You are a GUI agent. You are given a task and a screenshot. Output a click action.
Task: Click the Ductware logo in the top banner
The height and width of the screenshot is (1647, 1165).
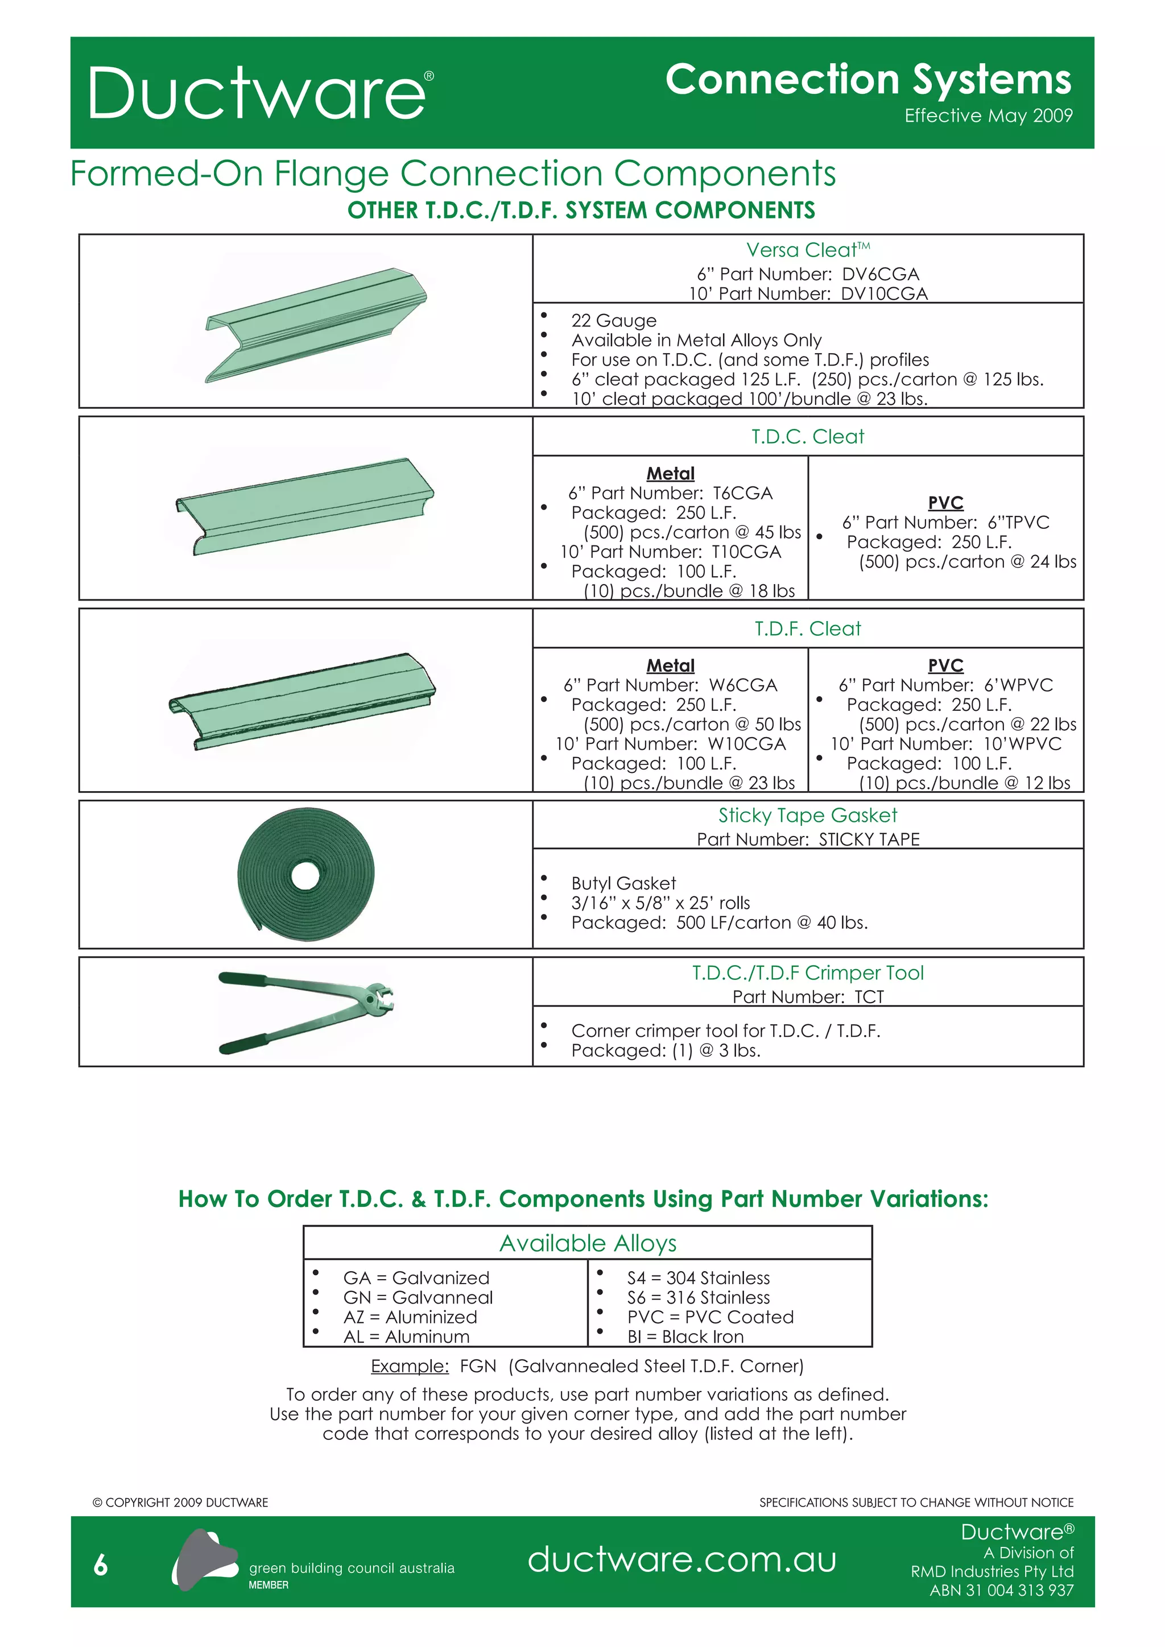pyautogui.click(x=260, y=93)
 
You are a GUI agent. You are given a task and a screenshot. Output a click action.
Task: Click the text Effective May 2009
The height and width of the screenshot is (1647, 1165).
pyautogui.click(x=988, y=115)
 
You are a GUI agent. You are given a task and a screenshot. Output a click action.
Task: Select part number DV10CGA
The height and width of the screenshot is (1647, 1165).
pyautogui.click(x=884, y=293)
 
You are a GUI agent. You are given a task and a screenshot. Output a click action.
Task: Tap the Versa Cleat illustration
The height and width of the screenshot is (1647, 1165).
pyautogui.click(x=316, y=324)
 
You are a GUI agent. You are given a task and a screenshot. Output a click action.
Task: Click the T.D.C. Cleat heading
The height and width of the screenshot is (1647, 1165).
pyautogui.click(x=807, y=436)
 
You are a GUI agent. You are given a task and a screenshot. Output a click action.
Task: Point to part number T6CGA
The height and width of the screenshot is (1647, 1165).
pyautogui.click(x=742, y=493)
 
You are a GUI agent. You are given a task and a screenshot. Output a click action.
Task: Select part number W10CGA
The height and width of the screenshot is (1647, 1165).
pyautogui.click(x=746, y=744)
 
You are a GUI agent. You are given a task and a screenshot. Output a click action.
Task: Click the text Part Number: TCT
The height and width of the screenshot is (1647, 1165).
pyautogui.click(x=808, y=996)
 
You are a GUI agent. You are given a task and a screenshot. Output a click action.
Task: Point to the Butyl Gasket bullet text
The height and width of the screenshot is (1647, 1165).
pyautogui.click(x=623, y=883)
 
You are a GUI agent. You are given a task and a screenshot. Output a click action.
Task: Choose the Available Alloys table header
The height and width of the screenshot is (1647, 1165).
pyautogui.click(x=588, y=1243)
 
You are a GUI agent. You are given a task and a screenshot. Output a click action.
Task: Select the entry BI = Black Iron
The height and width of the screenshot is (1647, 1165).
pyautogui.click(x=685, y=1336)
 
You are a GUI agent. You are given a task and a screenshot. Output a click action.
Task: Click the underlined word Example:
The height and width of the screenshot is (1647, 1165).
pyautogui.click(x=410, y=1366)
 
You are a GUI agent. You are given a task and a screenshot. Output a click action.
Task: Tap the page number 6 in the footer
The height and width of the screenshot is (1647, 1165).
pyautogui.click(x=101, y=1565)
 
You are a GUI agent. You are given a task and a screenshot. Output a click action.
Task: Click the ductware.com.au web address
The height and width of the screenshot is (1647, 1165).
pyautogui.click(x=681, y=1559)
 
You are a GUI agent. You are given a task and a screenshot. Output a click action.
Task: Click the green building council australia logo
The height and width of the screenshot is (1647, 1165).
pyautogui.click(x=204, y=1559)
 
